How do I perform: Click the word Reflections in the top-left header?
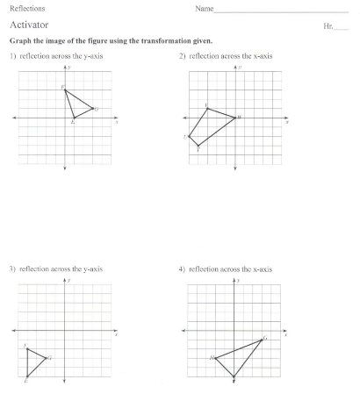point(26,8)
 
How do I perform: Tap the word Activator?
point(30,25)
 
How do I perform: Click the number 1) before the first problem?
point(13,56)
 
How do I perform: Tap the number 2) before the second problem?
point(182,56)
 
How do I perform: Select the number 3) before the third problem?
point(13,269)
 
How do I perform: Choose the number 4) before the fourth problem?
point(182,269)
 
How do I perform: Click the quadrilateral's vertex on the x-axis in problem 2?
point(235,118)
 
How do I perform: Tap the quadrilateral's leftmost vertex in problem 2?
point(190,137)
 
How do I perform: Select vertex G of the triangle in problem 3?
point(46,357)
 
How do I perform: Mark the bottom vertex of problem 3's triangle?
point(27,376)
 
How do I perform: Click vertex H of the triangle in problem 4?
point(215,357)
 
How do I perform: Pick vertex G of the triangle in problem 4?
point(262,339)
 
